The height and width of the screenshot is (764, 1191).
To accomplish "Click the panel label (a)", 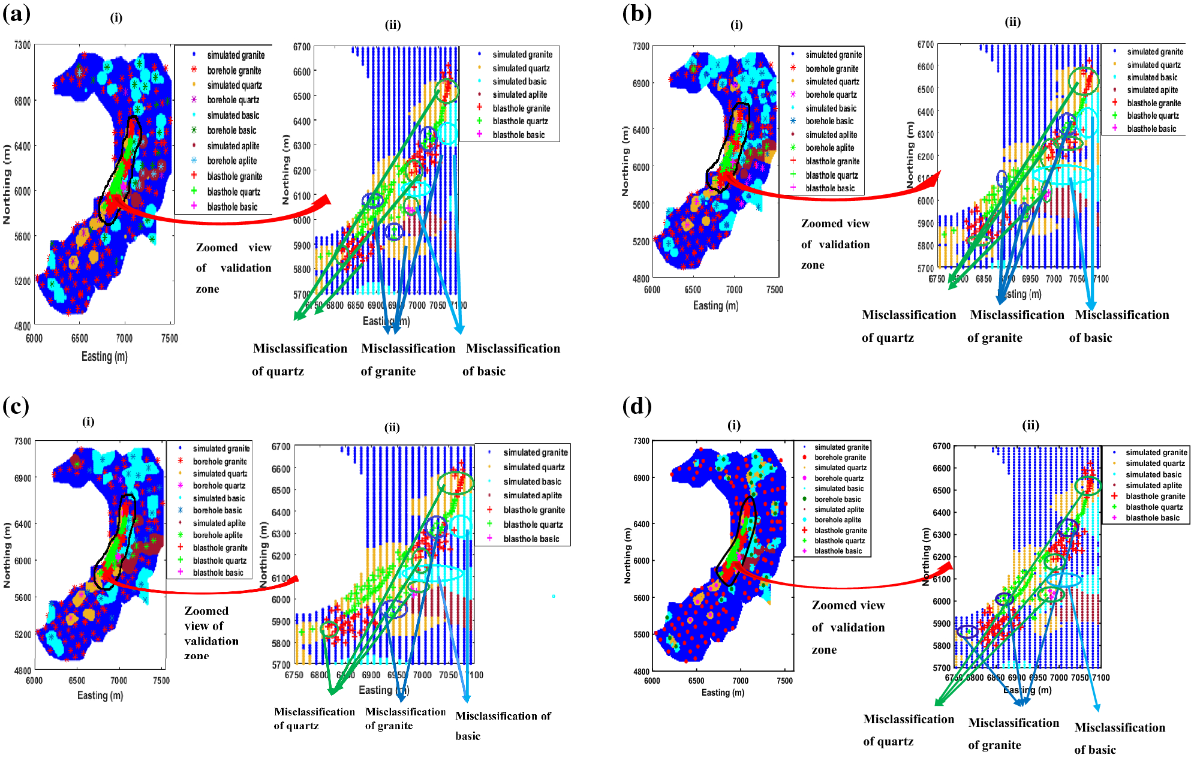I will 16,13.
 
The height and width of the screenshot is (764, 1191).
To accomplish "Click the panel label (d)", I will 637,407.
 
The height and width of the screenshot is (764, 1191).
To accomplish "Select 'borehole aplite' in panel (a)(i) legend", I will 231,161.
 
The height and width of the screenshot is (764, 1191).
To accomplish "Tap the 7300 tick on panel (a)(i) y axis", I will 22,46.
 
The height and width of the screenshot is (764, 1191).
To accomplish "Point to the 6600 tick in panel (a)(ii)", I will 302,71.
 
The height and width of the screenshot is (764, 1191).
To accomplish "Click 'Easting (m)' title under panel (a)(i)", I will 104,356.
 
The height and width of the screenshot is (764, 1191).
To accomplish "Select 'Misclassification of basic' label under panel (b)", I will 1121,326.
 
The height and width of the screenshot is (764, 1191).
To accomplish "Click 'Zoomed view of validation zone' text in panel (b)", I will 835,244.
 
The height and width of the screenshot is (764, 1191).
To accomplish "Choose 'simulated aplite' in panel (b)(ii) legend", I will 1152,90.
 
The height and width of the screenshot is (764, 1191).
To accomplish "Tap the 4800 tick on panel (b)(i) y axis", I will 641,279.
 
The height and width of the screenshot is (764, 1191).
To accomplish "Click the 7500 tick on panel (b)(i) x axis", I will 774,290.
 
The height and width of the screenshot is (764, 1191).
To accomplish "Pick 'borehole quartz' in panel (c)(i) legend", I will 218,486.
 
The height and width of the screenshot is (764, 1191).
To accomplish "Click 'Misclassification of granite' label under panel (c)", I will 405,718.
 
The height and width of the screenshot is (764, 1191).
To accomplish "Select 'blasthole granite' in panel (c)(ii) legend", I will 534,510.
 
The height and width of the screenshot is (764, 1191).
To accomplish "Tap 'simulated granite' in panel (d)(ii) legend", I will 1156,453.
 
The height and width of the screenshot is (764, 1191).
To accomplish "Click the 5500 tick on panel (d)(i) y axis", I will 641,634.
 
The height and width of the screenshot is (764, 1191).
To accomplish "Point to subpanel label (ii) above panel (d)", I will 1030,425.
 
